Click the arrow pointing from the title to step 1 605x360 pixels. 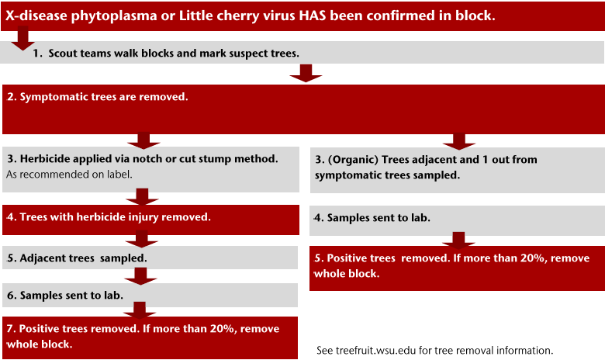[22, 38]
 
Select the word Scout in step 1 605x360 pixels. [64, 53]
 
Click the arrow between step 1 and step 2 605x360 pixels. [306, 73]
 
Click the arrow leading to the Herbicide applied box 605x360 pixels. [143, 140]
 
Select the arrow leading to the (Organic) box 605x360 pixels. [458, 141]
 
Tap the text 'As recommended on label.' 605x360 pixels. [69, 175]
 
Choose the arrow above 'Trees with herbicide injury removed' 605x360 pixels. [142, 197]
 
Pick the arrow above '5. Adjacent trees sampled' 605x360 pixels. [141, 239]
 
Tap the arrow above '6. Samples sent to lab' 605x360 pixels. [140, 276]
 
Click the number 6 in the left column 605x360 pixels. [10, 295]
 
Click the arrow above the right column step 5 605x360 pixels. [458, 241]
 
